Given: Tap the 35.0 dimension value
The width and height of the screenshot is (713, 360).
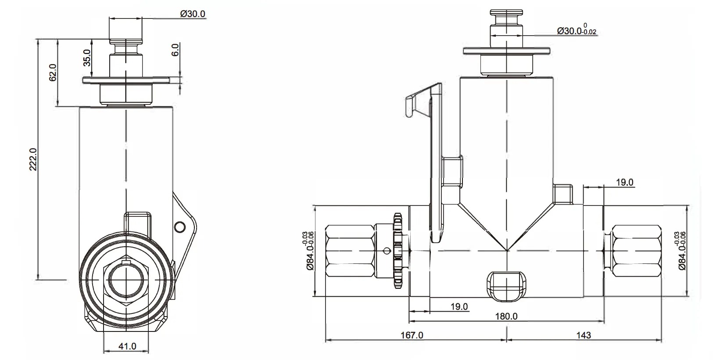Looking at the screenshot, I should pyautogui.click(x=87, y=57).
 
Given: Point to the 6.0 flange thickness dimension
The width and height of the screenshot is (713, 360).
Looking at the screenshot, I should pyautogui.click(x=175, y=49).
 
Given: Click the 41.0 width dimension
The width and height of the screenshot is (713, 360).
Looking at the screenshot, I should pyautogui.click(x=127, y=346).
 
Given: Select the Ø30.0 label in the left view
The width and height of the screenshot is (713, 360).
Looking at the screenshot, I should pyautogui.click(x=192, y=14).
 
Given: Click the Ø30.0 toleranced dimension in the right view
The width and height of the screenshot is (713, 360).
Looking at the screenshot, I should pyautogui.click(x=576, y=31).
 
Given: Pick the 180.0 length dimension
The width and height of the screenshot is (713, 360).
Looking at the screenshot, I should pyautogui.click(x=506, y=316).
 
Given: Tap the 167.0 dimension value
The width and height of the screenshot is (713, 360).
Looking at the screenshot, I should pyautogui.click(x=412, y=335).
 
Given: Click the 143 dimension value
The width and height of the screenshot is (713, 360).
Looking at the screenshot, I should pyautogui.click(x=583, y=335).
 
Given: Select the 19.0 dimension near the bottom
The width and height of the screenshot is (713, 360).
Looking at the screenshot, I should pyautogui.click(x=459, y=306).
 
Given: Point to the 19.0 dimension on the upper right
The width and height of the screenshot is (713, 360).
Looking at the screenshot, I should pyautogui.click(x=624, y=182).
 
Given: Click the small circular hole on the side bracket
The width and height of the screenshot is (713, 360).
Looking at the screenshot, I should pyautogui.click(x=179, y=227).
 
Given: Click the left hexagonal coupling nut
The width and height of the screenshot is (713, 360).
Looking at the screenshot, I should pyautogui.click(x=350, y=250).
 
